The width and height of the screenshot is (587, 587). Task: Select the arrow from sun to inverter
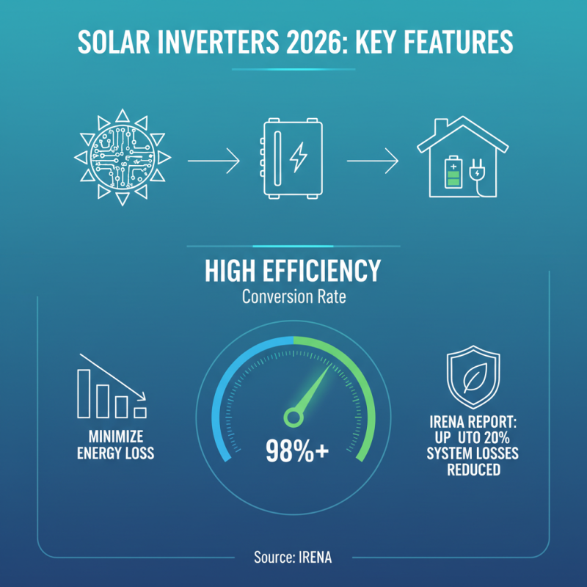click(214, 160)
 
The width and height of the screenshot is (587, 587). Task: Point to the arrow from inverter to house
click(373, 160)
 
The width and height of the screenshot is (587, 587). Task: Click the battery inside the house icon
click(450, 176)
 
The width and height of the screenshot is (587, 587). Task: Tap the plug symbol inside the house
click(475, 175)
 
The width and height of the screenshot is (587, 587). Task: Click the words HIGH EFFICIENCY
click(293, 272)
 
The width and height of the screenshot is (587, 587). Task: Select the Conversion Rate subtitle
click(293, 299)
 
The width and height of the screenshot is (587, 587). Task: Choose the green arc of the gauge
click(352, 374)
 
